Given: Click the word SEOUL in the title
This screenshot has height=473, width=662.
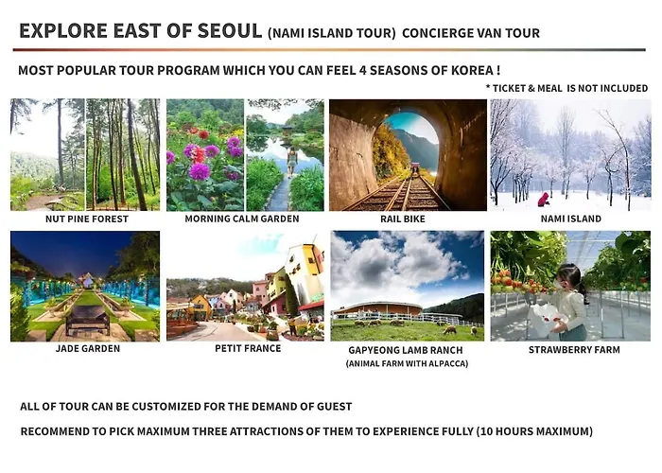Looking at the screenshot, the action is click(230, 31).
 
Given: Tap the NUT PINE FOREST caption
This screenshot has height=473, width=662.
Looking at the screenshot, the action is click(87, 219).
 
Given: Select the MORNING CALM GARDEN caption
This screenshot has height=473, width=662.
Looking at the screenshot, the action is click(242, 219).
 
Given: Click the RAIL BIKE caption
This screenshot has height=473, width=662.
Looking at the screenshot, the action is click(403, 219).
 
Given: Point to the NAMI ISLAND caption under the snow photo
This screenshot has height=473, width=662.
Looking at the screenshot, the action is click(571, 219).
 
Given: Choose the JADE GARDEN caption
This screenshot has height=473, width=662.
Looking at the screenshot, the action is click(88, 348).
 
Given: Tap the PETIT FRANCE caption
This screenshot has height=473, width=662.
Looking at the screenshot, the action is click(248, 348).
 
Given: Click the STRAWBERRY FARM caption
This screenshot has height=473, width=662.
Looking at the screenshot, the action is click(574, 350).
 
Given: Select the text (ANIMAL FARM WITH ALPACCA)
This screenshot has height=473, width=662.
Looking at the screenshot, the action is click(407, 363).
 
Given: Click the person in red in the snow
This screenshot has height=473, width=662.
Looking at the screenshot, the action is click(544, 200).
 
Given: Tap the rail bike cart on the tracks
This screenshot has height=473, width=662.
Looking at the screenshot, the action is click(415, 168).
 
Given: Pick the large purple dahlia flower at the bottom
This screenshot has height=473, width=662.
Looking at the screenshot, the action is click(200, 171).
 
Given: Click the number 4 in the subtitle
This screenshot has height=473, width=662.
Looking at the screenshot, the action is click(362, 70).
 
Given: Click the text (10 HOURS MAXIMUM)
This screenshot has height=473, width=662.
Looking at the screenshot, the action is click(535, 431).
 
